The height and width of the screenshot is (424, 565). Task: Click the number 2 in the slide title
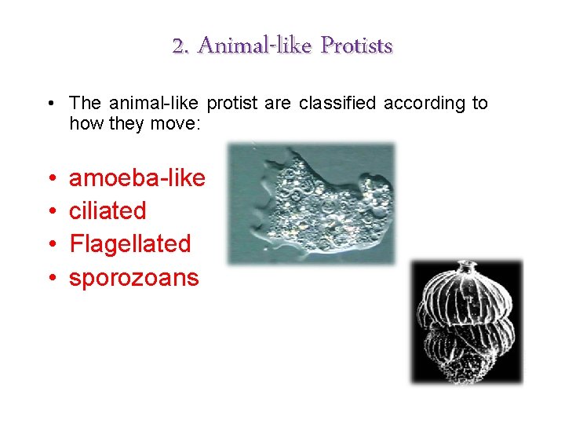click(180, 46)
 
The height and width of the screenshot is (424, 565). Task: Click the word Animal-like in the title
click(242, 46)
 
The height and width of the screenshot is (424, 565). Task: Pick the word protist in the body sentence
click(237, 103)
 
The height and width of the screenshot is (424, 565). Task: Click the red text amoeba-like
click(137, 178)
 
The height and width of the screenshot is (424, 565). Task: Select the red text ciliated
click(108, 210)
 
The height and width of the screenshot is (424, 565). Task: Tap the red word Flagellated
click(130, 243)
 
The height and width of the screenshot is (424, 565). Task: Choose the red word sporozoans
click(134, 276)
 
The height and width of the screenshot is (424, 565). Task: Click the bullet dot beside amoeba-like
click(49, 179)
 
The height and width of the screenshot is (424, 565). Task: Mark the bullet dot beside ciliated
click(49, 212)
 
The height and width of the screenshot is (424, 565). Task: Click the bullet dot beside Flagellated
click(49, 245)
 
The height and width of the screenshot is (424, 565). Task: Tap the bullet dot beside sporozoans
click(49, 278)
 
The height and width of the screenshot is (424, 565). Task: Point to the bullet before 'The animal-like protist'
click(49, 104)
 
